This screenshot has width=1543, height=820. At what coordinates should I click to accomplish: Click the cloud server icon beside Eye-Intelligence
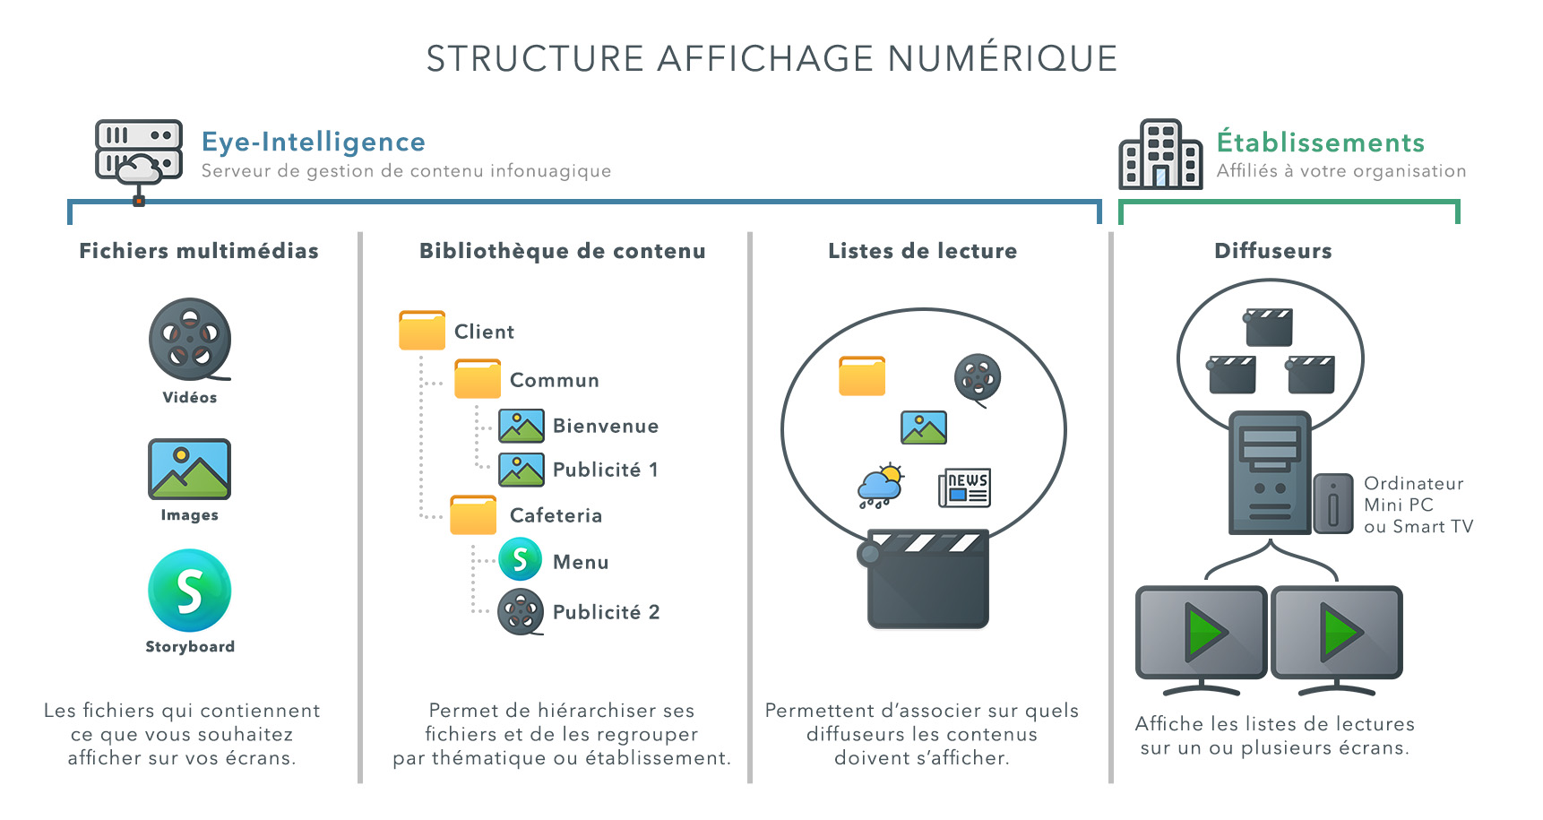coord(139,152)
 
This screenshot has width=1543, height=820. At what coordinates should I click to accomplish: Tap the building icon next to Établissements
coord(1160,154)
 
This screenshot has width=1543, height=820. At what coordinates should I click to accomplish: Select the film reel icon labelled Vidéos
coord(190,340)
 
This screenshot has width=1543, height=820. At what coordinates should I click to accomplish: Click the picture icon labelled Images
coord(190,469)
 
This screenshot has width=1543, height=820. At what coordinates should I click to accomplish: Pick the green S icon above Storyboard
coord(190,591)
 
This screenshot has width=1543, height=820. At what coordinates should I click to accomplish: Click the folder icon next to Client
coord(422,331)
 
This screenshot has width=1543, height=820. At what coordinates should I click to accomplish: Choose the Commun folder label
coord(554,380)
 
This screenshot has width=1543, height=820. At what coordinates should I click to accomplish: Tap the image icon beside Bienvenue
coord(522,426)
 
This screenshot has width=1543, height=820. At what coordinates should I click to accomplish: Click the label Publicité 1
coord(605,470)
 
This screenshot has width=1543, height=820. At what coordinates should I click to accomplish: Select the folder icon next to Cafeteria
coord(473,515)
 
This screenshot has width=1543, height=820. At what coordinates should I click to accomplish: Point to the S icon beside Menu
coord(521,560)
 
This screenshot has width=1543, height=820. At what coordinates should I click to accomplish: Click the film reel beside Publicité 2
coord(521,612)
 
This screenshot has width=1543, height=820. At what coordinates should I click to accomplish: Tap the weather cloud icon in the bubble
coord(881,487)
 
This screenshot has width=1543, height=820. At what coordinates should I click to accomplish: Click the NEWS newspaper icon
coord(964,488)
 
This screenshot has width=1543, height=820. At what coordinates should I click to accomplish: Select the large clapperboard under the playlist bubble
coord(927,580)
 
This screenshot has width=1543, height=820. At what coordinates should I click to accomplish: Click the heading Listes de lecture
coord(922,251)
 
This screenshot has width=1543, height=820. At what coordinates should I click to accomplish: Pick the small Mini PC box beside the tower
coord(1332,505)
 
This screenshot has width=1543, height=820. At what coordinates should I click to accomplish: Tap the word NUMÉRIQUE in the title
coord(1003,59)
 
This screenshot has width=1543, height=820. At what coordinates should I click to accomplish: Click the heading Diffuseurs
coord(1272,251)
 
